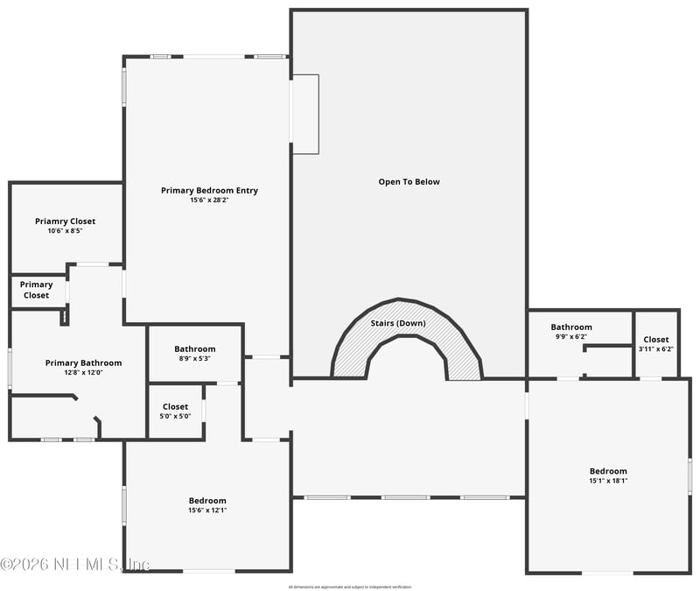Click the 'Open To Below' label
(x=409, y=182)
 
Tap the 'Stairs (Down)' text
(x=398, y=323)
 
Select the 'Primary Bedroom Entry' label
(x=209, y=190)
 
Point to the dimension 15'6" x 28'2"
(x=209, y=200)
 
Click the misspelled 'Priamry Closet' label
(x=66, y=222)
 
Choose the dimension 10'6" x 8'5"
(x=66, y=231)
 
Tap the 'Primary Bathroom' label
(x=83, y=362)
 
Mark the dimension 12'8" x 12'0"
(x=83, y=372)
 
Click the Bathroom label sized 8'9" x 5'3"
(x=194, y=348)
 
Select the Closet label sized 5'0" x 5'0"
(x=175, y=406)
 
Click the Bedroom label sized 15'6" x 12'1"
(x=207, y=501)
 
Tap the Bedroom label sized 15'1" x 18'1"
(x=608, y=471)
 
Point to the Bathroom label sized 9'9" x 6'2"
(x=571, y=327)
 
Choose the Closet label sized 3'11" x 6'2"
(x=656, y=340)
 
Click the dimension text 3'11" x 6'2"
(x=656, y=349)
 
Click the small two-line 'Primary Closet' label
(x=37, y=290)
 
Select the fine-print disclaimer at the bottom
(x=350, y=587)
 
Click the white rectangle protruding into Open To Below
(x=304, y=114)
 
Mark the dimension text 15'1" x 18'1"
(x=608, y=481)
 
